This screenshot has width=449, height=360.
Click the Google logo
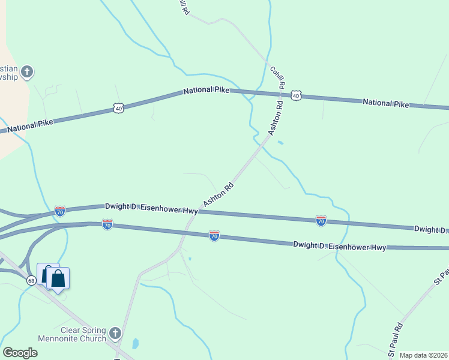click(x=20, y=353)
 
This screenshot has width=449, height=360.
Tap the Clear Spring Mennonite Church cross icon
click(x=116, y=332)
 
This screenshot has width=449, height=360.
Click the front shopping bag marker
click(x=58, y=279)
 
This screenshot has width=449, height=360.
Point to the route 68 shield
click(x=32, y=280)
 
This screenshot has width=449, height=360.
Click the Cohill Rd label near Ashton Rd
click(x=277, y=77)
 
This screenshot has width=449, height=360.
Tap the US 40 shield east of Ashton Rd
click(x=295, y=95)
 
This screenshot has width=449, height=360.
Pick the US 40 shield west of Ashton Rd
click(x=118, y=108)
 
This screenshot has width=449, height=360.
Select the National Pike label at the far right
click(x=386, y=103)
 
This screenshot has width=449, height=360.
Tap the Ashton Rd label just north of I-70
click(x=218, y=195)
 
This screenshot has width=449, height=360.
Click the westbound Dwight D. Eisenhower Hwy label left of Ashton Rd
click(x=151, y=208)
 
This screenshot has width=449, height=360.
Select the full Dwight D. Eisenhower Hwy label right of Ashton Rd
click(x=339, y=246)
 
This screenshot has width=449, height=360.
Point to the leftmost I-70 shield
click(x=59, y=211)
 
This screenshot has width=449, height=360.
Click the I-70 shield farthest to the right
click(x=321, y=221)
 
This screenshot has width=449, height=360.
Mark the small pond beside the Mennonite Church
click(x=136, y=344)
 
